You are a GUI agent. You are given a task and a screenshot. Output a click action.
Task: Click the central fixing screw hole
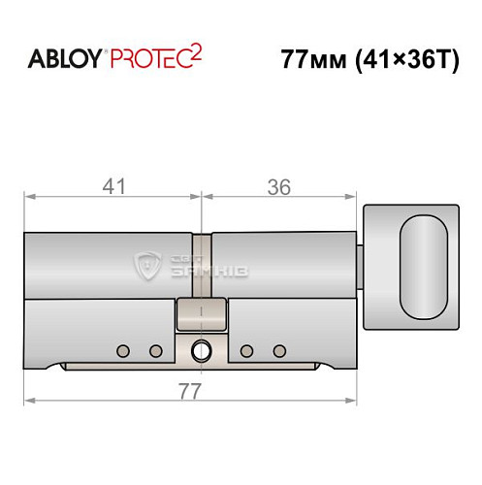(x=202, y=350)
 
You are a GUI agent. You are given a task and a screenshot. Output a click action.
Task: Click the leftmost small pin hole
(x=122, y=350)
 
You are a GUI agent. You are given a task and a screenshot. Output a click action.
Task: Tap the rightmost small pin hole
(x=280, y=350)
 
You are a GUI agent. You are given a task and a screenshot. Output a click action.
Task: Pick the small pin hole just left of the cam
(x=154, y=350)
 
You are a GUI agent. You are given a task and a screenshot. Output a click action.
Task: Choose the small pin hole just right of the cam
(x=247, y=350)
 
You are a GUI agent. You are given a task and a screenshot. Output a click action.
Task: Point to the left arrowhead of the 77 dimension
(x=29, y=399)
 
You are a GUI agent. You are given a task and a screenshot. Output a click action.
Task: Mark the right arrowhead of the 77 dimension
(x=352, y=399)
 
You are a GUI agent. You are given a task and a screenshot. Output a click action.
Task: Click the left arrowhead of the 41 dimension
(x=29, y=198)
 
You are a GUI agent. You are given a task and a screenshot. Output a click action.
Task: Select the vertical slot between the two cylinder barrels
(x=201, y=262)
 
